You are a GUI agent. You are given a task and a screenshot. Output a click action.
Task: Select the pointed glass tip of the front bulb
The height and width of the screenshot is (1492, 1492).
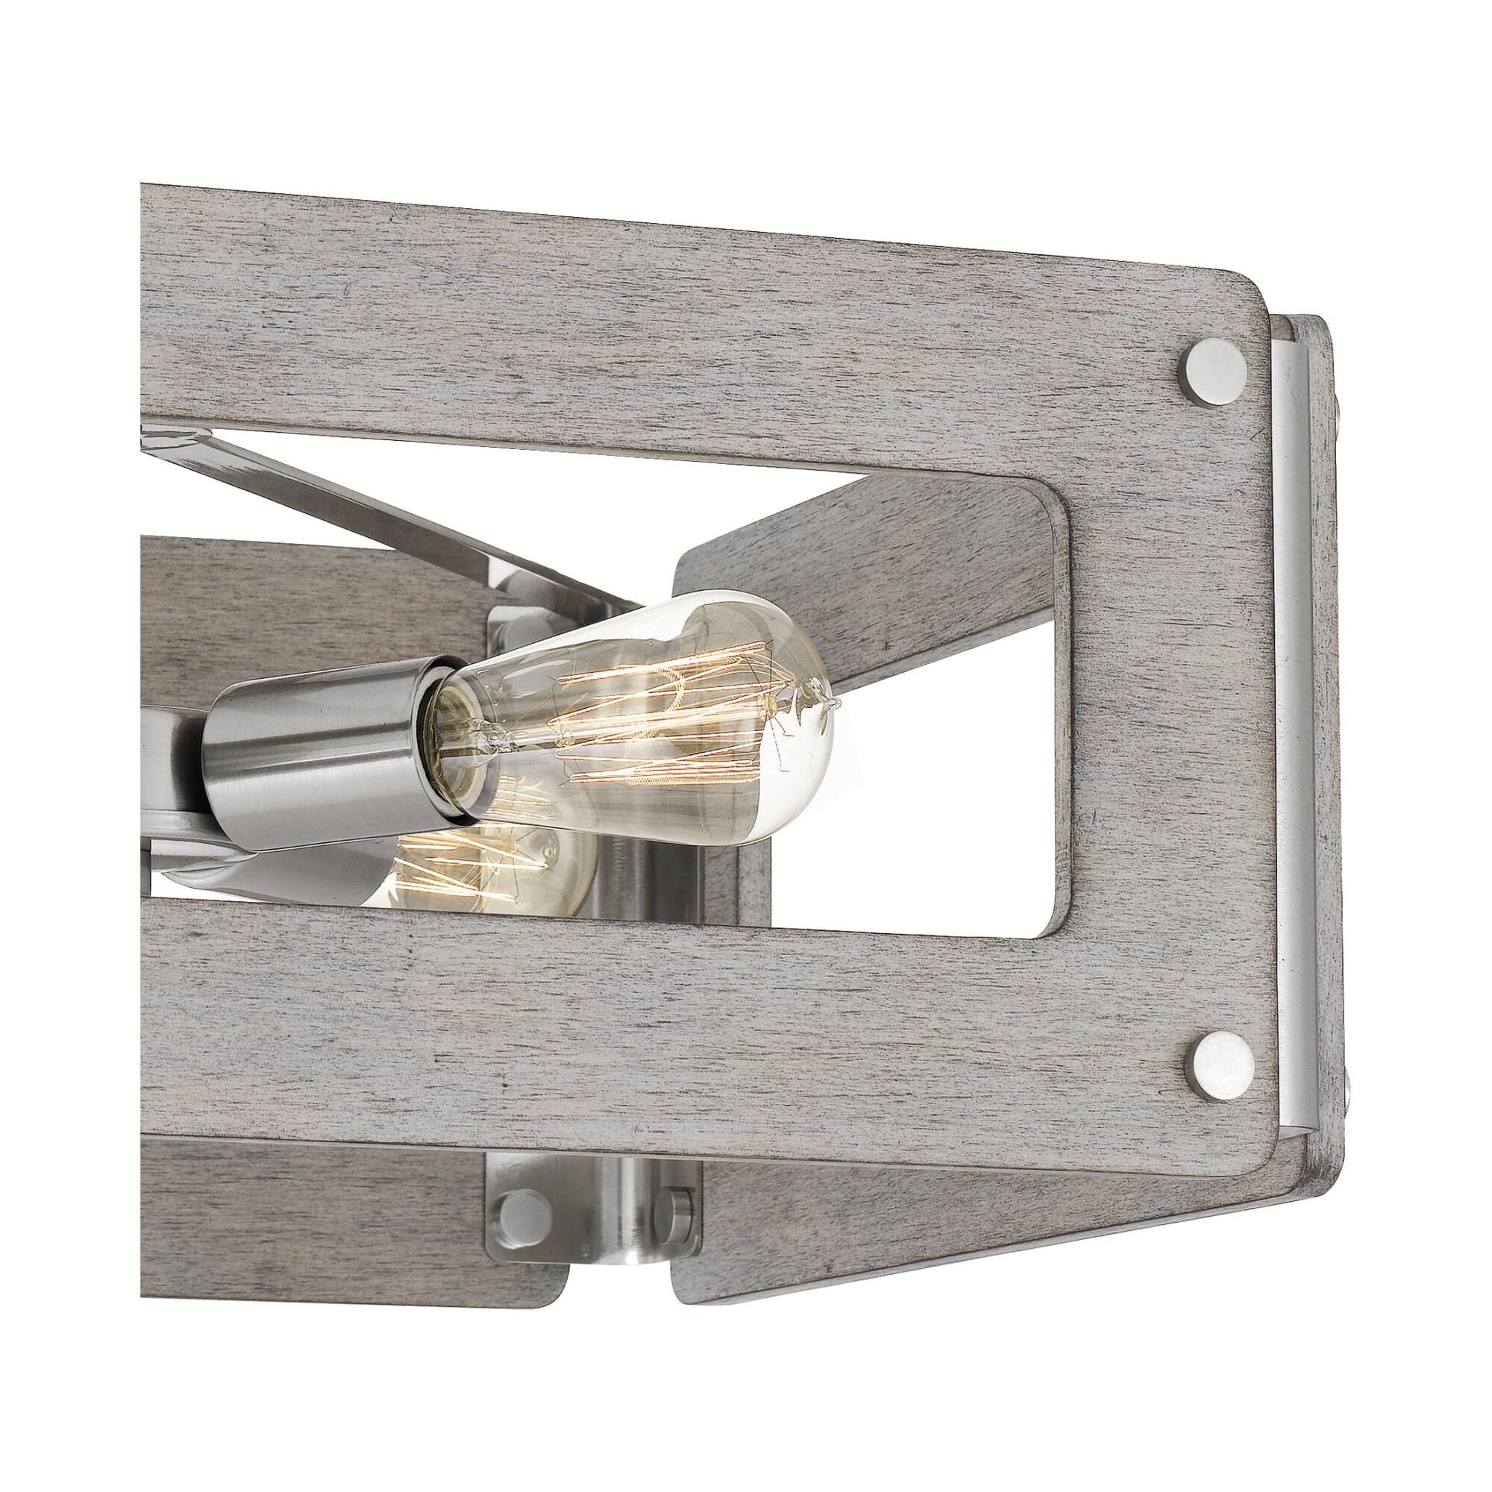click(x=834, y=703)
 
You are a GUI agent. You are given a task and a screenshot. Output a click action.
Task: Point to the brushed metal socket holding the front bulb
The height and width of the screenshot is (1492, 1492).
click(x=316, y=733)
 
